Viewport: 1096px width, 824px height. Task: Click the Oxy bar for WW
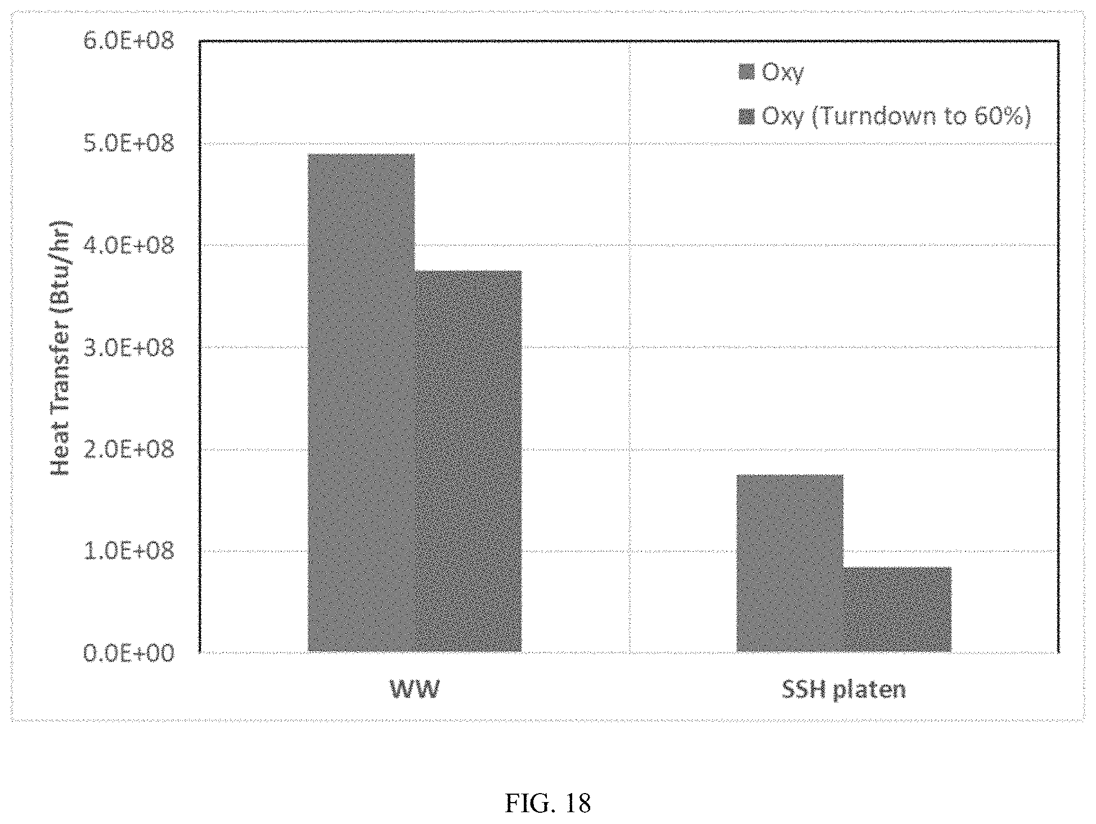[361, 403]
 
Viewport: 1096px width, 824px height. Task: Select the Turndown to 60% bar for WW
[468, 461]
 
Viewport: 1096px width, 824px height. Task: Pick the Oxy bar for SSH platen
[790, 563]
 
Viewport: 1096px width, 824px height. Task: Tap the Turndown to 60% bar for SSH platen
[897, 609]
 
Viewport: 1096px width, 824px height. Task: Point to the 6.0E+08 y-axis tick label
[129, 41]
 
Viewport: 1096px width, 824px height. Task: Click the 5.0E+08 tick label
[129, 143]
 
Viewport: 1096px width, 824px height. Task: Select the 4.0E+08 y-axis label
[129, 245]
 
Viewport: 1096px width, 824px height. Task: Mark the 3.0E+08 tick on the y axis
[129, 348]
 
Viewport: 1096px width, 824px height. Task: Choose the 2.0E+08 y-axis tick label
[129, 449]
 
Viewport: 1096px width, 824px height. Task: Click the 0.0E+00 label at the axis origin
[129, 653]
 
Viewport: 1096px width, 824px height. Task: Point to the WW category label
[415, 689]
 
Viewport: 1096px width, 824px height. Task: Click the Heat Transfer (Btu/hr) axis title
[60, 347]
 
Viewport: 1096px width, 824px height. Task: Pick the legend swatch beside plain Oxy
[746, 73]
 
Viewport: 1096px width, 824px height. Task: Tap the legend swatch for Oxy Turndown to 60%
[746, 117]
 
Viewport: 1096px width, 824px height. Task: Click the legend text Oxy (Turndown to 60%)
[896, 117]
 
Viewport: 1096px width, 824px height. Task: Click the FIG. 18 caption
[547, 804]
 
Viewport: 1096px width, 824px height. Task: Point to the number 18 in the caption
[576, 804]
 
